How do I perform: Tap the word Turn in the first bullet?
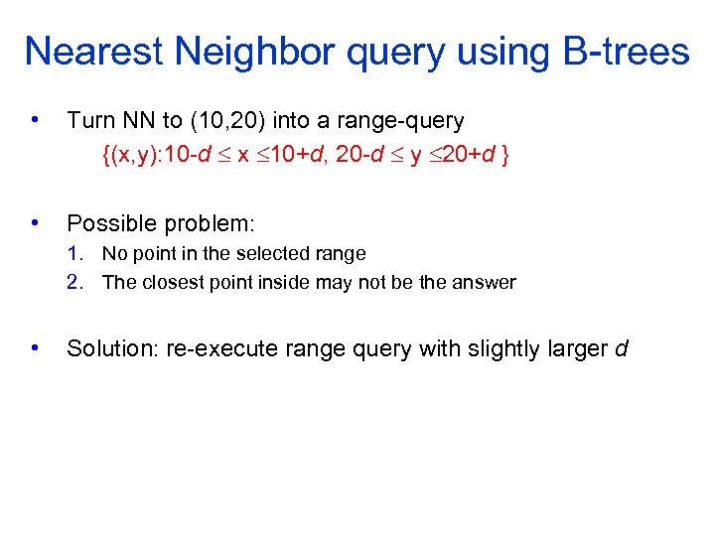tap(89, 121)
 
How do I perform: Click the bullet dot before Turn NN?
tap(36, 120)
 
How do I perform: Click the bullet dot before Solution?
tap(36, 348)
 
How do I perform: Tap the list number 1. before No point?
tap(75, 254)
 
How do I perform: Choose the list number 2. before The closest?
tap(75, 283)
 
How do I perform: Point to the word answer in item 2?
tap(485, 283)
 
